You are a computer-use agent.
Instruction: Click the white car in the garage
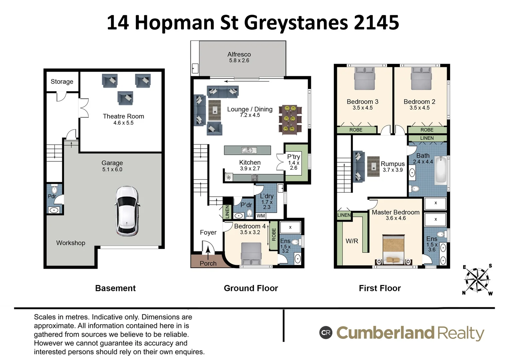pos(127,211)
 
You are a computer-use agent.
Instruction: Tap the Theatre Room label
pos(123,116)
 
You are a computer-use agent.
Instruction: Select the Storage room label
pos(62,82)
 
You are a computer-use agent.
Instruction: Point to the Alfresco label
pos(239,54)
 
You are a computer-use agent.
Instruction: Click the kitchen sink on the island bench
pos(247,150)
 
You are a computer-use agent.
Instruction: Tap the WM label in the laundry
pos(261,216)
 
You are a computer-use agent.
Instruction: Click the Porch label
pos(208,263)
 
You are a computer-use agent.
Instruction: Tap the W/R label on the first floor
pos(352,241)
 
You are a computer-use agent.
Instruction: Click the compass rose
pos(477,280)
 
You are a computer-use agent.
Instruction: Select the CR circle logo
pos(326,333)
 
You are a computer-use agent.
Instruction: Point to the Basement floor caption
pos(115,288)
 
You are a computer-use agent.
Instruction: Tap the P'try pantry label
pos(293,157)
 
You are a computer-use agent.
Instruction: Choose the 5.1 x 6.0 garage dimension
pos(112,170)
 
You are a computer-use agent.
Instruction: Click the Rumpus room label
pos(392,164)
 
